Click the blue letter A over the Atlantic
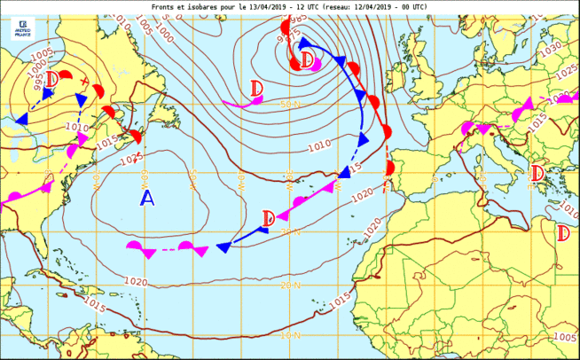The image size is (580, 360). pyautogui.click(x=147, y=199)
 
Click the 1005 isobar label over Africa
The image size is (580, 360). pyautogui.click(x=563, y=337)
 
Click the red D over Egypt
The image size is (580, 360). pyautogui.click(x=563, y=232)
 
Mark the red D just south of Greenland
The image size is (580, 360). pyautogui.click(x=256, y=89)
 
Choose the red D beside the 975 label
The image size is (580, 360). pyautogui.click(x=307, y=60)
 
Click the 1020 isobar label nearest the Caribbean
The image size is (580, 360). pyautogui.click(x=136, y=282)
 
